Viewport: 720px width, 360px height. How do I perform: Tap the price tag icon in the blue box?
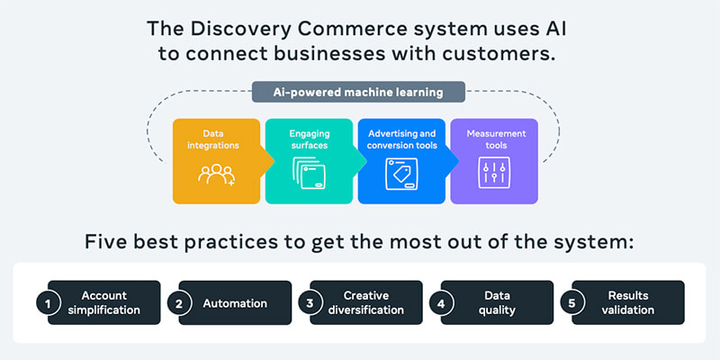coord(401,174)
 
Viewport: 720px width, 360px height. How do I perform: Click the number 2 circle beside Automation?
coord(178,304)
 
